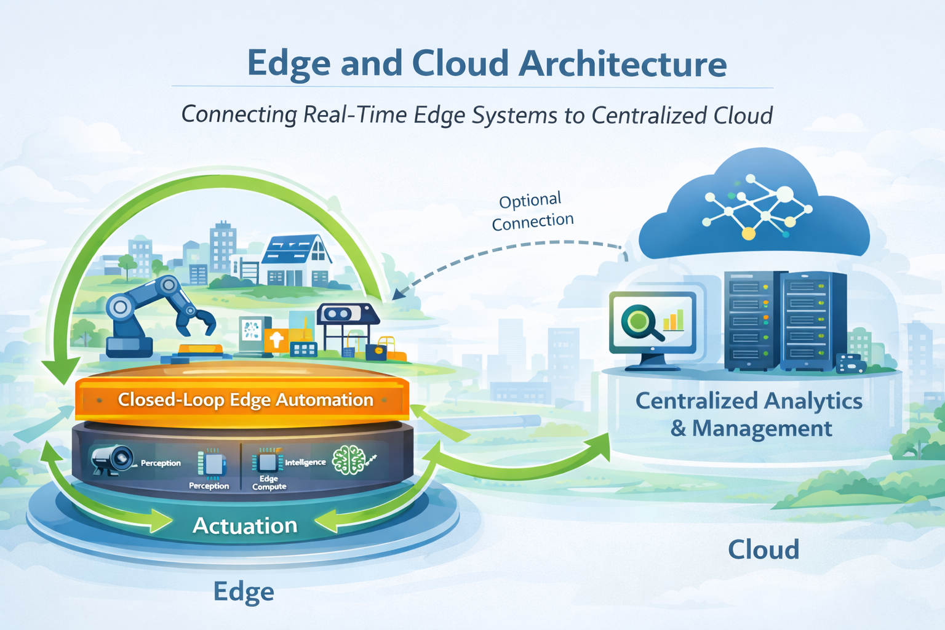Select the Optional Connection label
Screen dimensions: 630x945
(x=532, y=211)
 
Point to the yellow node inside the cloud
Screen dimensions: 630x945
(x=748, y=233)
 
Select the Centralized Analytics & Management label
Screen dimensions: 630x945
(x=749, y=414)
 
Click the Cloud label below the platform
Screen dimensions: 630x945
(x=763, y=549)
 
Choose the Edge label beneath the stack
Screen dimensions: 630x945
(x=244, y=591)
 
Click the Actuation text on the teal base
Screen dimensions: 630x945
(x=245, y=525)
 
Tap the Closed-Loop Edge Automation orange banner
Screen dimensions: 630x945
(x=245, y=400)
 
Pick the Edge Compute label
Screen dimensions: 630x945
(x=269, y=482)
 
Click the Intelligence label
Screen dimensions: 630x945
(x=305, y=462)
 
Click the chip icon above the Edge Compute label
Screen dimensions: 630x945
(x=267, y=461)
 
